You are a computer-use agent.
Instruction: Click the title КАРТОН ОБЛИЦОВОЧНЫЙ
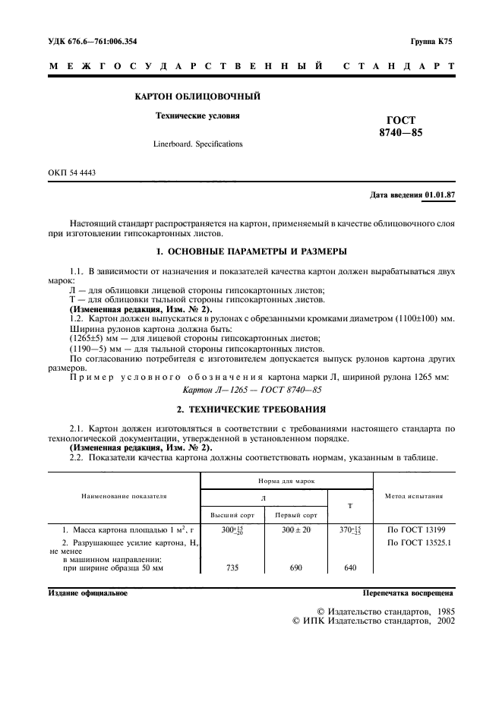click(x=197, y=97)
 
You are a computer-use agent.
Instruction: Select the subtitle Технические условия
click(x=197, y=116)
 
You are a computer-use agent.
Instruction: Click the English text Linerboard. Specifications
click(x=197, y=143)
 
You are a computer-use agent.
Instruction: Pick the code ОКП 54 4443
click(x=72, y=173)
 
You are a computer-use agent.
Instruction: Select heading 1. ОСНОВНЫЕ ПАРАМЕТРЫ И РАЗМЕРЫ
click(x=251, y=251)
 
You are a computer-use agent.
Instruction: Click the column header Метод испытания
click(x=414, y=496)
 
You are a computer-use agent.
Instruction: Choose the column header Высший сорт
click(x=227, y=514)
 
